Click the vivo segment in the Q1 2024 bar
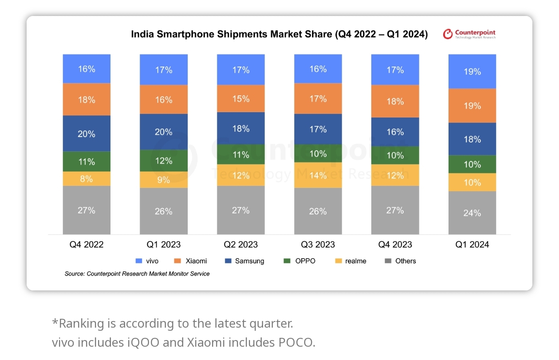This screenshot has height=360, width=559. click(472, 71)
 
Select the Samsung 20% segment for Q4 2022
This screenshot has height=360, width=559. click(87, 133)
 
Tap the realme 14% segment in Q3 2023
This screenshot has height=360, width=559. click(318, 175)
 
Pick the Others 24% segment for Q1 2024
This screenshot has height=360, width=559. click(472, 213)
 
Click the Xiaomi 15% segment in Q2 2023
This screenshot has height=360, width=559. click(241, 98)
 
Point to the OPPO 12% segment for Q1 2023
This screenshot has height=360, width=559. click(164, 160)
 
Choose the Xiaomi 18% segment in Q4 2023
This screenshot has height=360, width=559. click(395, 101)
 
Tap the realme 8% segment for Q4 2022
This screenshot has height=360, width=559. click(87, 179)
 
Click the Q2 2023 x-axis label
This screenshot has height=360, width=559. click(241, 245)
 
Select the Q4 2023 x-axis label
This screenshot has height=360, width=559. click(395, 245)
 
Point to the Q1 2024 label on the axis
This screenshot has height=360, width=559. click(472, 245)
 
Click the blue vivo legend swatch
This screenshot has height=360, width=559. click(138, 261)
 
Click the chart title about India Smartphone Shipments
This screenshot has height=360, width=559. click(279, 35)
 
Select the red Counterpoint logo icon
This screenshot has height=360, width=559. click(448, 34)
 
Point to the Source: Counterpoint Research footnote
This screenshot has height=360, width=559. click(137, 274)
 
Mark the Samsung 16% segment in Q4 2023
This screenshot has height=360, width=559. click(395, 132)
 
